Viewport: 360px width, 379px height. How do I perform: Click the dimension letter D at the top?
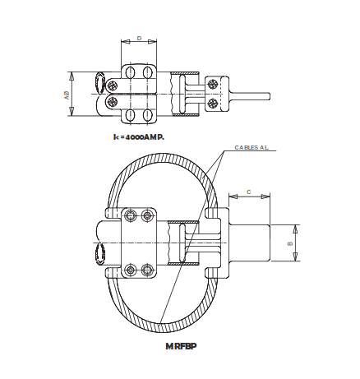[x=139, y=38]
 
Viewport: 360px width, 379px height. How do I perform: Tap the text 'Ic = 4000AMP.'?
[x=140, y=136]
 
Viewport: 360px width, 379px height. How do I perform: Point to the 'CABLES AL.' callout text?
[x=252, y=148]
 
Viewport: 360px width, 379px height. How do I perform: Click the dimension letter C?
[x=247, y=191]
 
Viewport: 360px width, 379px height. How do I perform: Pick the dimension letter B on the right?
[x=290, y=244]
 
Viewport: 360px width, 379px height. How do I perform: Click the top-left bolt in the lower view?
[x=130, y=215]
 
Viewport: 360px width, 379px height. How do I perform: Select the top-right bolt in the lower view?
[x=147, y=215]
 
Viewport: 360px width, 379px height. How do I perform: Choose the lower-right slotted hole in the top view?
[x=148, y=102]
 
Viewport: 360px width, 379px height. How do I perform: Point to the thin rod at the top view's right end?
[x=252, y=95]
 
